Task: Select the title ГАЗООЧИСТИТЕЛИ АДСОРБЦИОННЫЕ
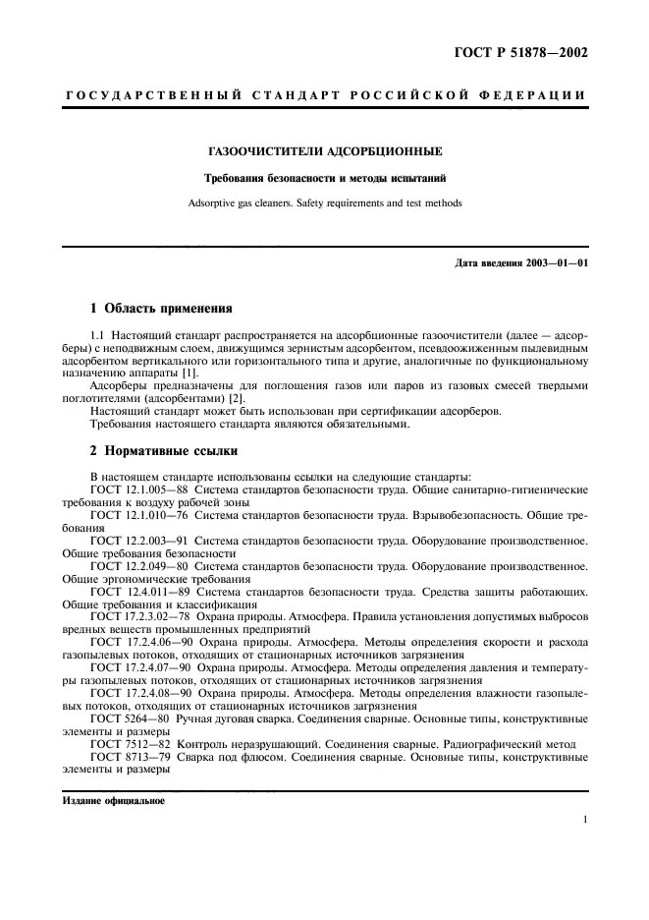[325, 152]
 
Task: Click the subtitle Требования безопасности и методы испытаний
[325, 179]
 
